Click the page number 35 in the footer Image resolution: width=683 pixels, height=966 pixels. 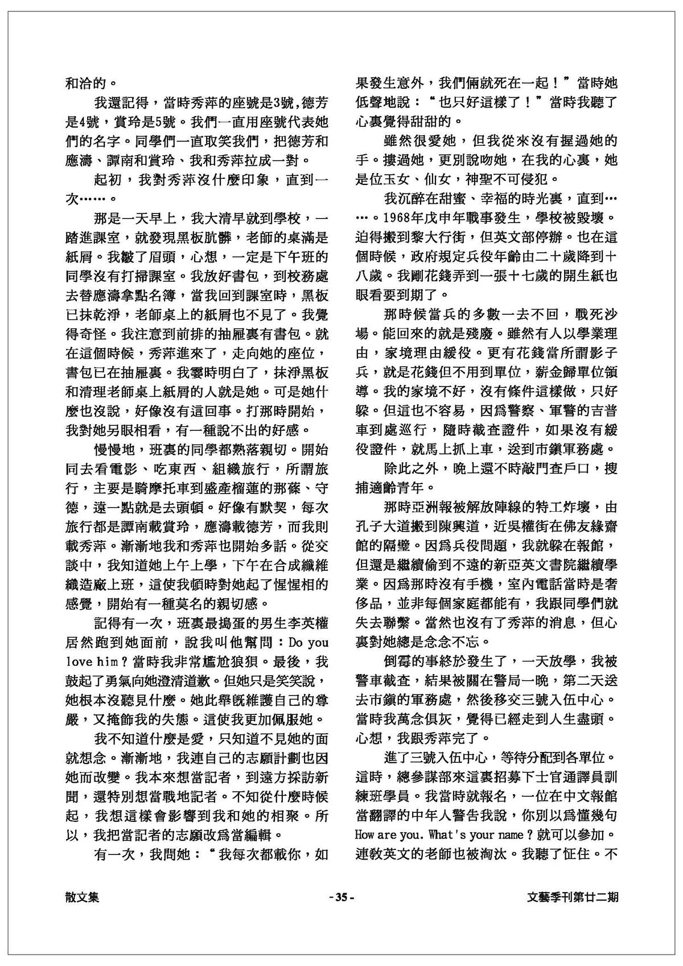coord(341,898)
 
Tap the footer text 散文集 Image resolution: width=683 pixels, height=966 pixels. coord(83,898)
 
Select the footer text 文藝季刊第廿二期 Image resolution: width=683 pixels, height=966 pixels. coord(573,898)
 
